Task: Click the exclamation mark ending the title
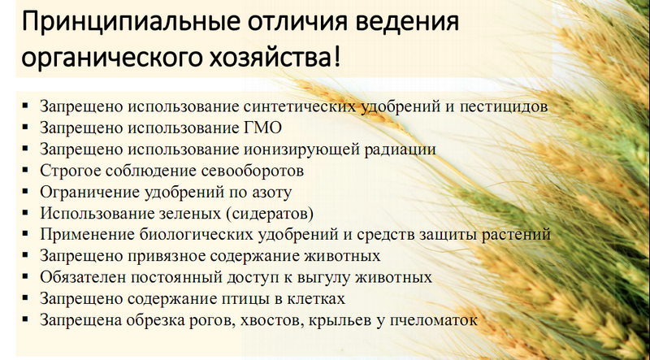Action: point(336,57)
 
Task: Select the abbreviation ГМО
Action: point(260,128)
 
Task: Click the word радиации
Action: point(400,150)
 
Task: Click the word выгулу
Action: point(323,277)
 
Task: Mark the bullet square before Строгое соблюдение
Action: point(26,170)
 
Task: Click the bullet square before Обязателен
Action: point(26,276)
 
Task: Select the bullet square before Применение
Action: point(26,234)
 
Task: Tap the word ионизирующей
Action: point(301,150)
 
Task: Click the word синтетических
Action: point(300,107)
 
